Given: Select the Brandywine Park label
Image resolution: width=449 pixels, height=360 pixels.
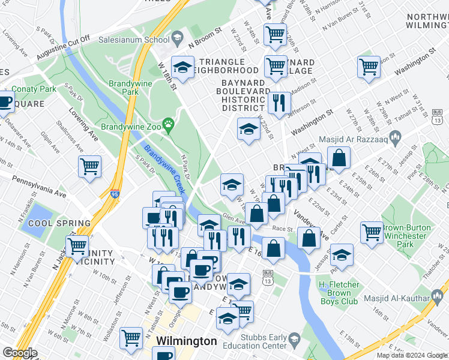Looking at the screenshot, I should tap(124, 88).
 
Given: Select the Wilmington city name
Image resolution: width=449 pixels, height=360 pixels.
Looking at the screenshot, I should tap(186, 341).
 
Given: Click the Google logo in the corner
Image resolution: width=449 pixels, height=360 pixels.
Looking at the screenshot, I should tap(20, 353).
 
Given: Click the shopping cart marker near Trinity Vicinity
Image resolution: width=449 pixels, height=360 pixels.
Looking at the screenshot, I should tap(77, 246).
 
